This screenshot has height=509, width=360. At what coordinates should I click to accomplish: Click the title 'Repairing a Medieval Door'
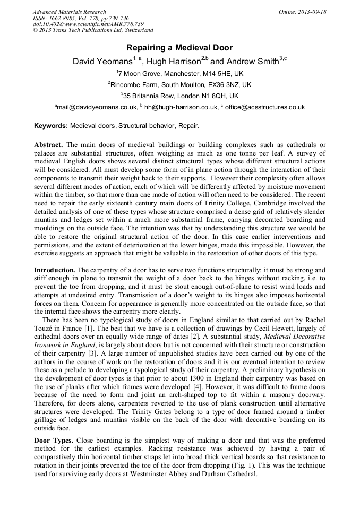[x=179, y=48]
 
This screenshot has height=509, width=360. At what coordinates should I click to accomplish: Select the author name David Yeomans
[x=102, y=62]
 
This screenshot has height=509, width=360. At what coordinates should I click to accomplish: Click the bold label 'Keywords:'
[x=51, y=126]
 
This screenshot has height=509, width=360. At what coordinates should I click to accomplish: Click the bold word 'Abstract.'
[x=49, y=145]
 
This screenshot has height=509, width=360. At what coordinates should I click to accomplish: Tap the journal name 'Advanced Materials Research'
[x=69, y=12]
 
